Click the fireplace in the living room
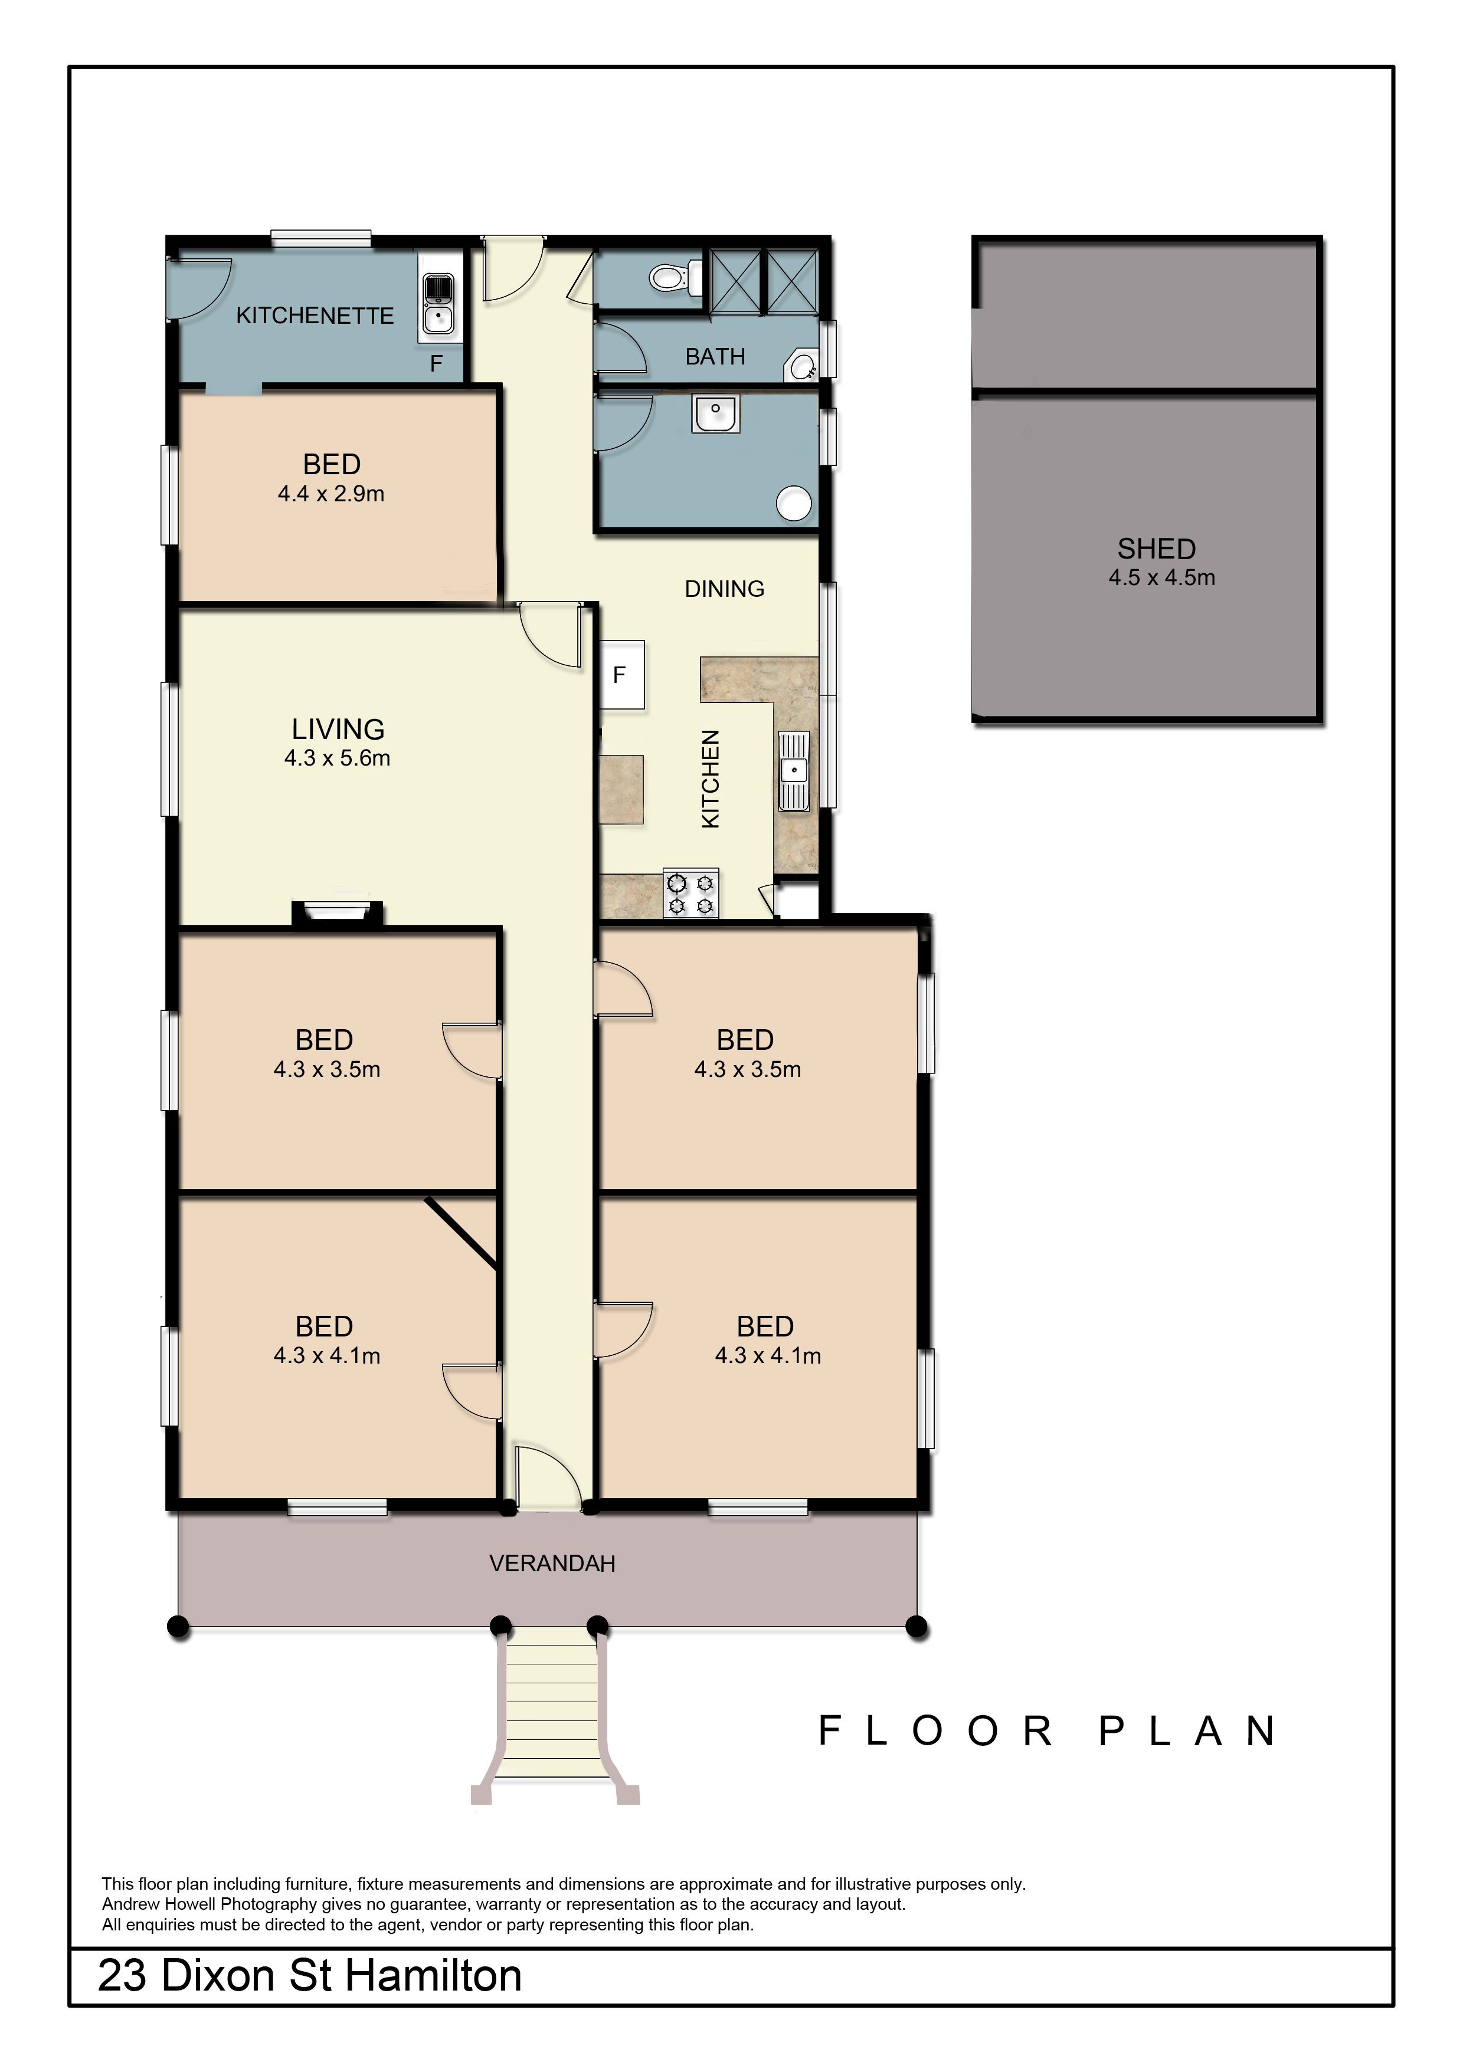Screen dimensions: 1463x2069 (337, 913)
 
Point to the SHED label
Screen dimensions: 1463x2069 (1157, 549)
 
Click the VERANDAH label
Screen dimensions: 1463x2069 (552, 1564)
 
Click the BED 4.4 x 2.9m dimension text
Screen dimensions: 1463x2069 (331, 494)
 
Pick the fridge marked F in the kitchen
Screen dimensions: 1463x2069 (622, 675)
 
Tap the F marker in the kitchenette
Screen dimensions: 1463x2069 (436, 364)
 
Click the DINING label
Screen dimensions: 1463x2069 (725, 589)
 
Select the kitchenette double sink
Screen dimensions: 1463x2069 (438, 304)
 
